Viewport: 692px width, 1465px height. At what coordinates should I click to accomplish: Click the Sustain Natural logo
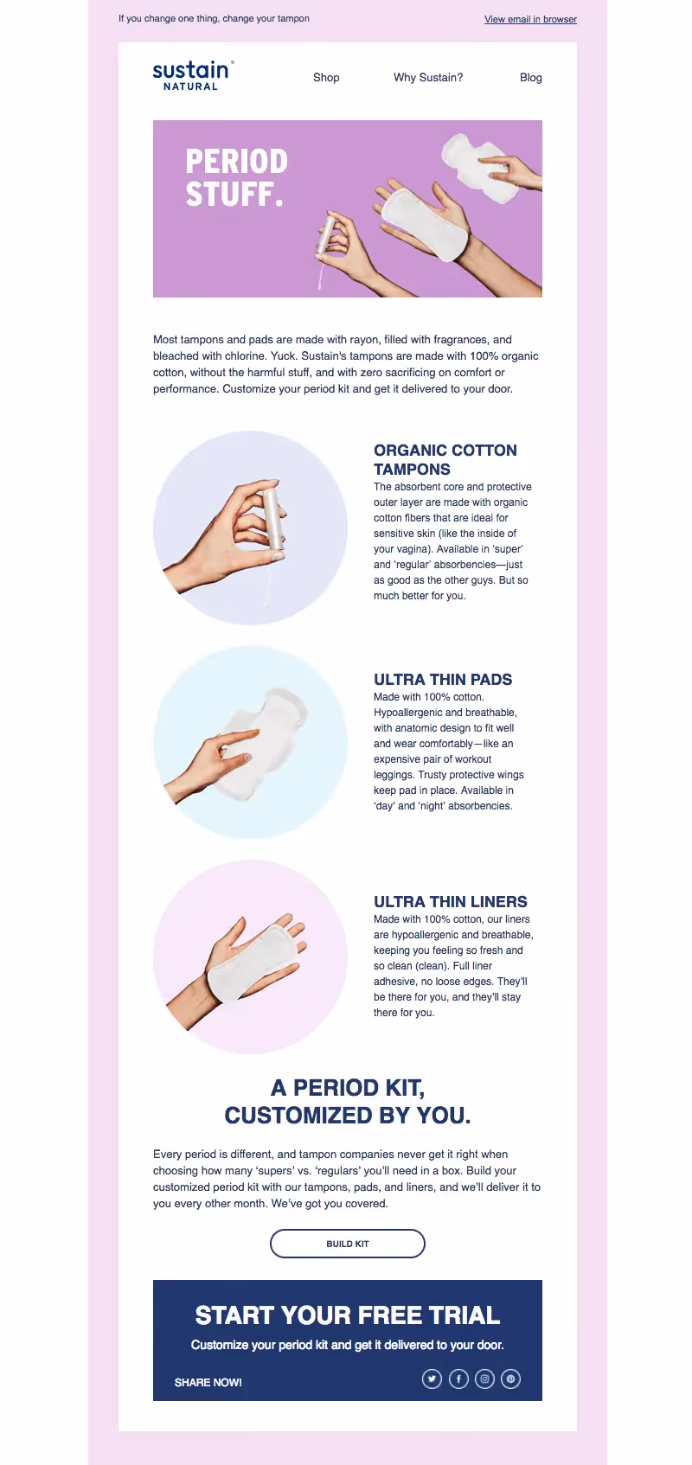tap(193, 76)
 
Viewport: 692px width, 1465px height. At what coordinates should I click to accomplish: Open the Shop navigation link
tap(326, 77)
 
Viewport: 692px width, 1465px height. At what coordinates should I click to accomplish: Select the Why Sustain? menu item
tap(428, 77)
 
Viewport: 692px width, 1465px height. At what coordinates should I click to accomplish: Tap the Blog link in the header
tap(530, 77)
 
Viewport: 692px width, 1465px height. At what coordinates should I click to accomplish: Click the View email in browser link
tap(530, 19)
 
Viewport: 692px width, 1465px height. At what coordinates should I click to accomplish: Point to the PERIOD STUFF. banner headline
tap(236, 177)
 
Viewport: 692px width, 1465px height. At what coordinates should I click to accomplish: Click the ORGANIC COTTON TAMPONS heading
tap(445, 459)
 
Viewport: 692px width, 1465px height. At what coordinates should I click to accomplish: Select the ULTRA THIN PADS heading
tap(443, 679)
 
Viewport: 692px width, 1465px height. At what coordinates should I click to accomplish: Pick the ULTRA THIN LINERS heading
tap(450, 901)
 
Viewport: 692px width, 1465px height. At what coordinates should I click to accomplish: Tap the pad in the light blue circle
tap(263, 743)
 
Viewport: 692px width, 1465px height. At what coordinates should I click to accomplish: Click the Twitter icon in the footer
tap(432, 1379)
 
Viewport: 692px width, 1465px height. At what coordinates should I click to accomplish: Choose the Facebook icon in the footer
tap(458, 1379)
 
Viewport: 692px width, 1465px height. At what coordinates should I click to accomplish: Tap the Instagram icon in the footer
tap(484, 1379)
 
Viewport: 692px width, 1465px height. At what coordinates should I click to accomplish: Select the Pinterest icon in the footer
tap(511, 1379)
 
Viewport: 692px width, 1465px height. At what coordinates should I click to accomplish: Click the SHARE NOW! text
tap(208, 1382)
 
